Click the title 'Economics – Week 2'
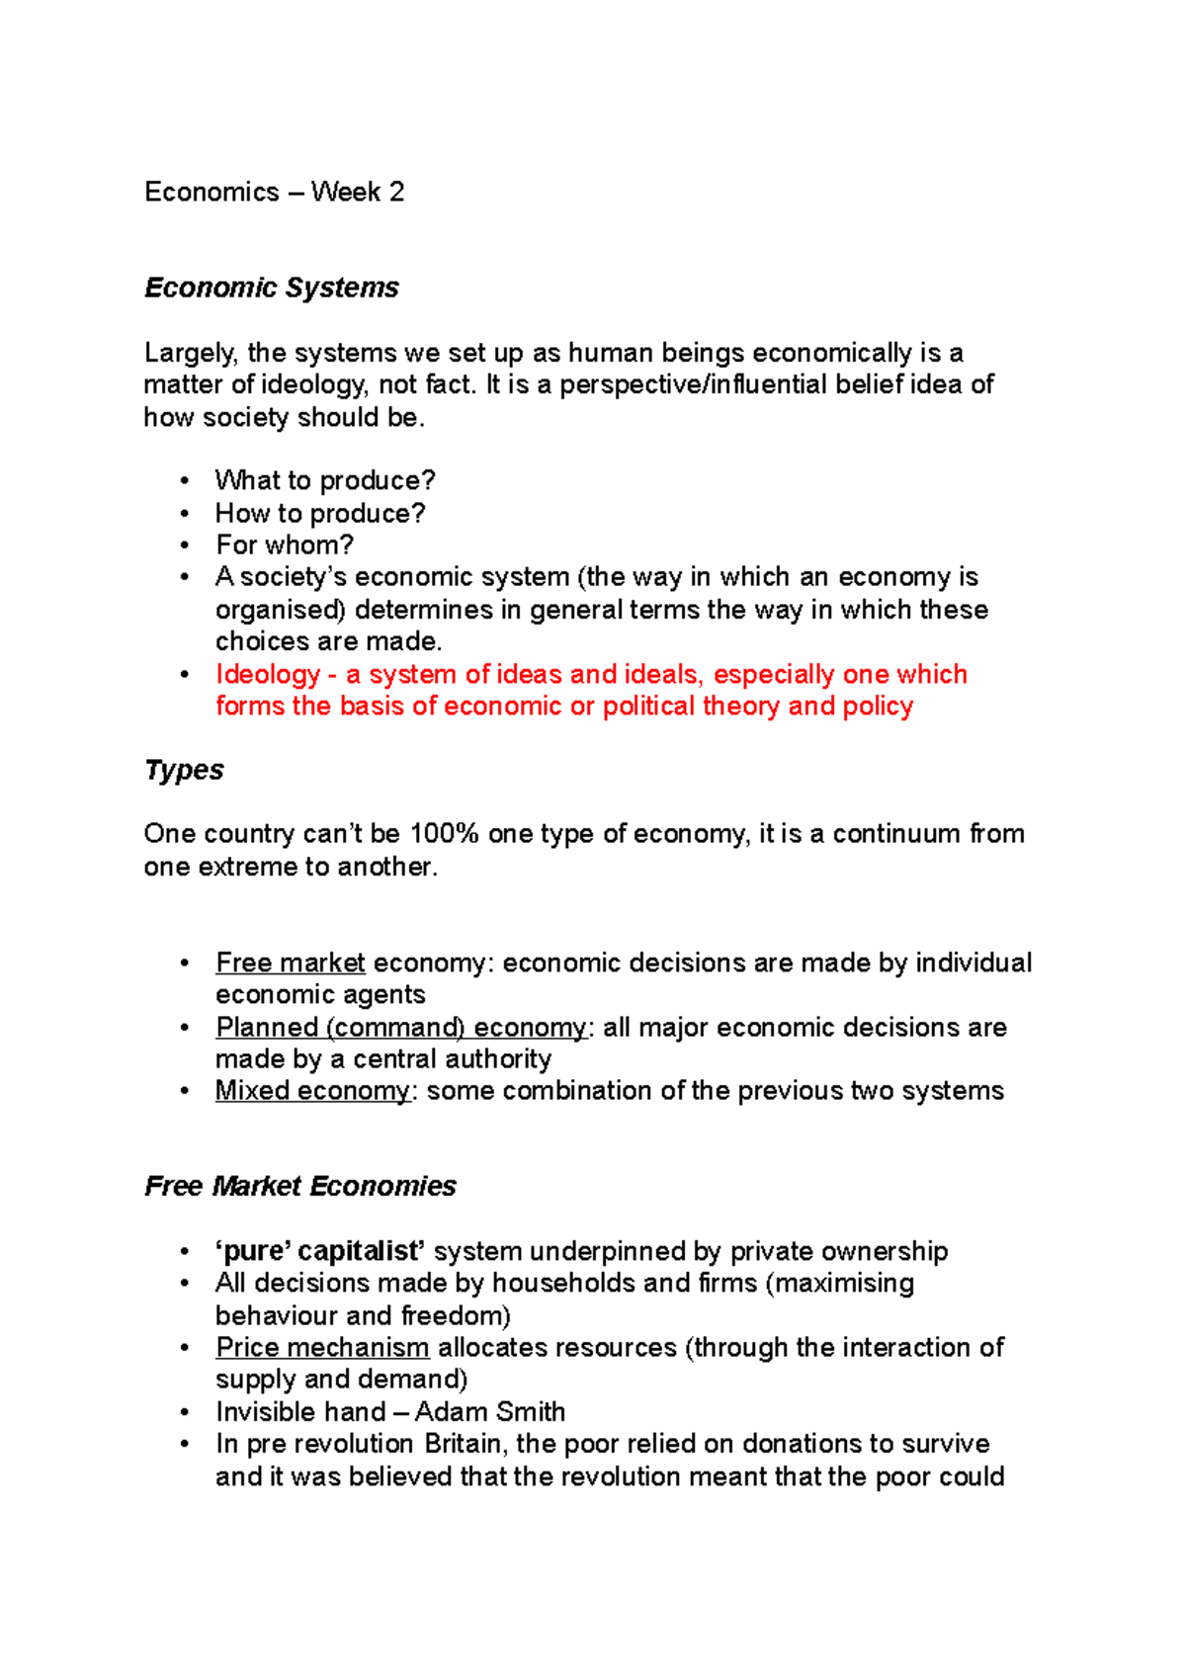tap(274, 192)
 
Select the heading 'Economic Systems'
tap(272, 288)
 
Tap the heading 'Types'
tap(184, 770)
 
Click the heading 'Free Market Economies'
tap(300, 1186)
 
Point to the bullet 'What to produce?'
tap(325, 481)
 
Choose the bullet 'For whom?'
tap(285, 545)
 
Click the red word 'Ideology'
tap(268, 675)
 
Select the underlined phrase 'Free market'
tap(291, 964)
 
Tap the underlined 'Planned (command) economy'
tap(401, 1028)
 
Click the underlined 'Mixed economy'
tap(312, 1091)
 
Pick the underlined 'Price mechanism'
tap(322, 1348)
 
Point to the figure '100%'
tap(444, 834)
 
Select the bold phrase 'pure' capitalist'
tap(320, 1252)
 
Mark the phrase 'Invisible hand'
tap(300, 1412)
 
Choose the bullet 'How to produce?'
tap(320, 514)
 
